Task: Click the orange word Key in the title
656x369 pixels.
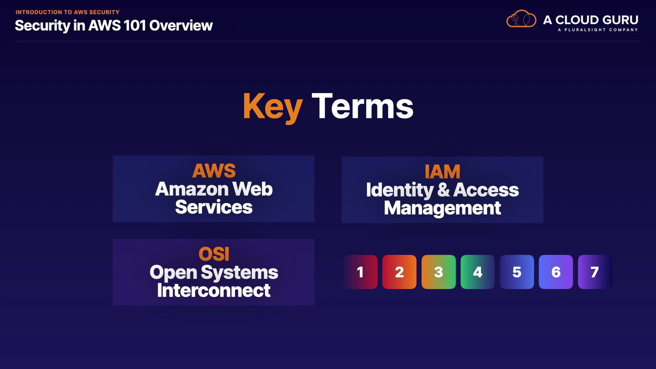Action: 273,107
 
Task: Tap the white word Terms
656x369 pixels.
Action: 363,107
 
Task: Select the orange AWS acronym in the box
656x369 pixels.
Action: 214,170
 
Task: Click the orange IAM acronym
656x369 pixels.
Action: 442,172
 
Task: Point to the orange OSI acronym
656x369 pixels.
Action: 214,254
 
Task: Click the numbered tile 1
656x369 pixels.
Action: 360,272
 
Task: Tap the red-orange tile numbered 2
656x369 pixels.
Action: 399,272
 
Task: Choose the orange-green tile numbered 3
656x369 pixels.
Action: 439,272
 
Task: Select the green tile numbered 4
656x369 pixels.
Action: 478,272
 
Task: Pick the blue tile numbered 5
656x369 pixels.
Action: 517,272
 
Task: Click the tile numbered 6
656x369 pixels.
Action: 556,272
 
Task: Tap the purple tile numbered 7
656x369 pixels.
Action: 595,272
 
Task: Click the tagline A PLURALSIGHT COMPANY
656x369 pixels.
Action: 598,30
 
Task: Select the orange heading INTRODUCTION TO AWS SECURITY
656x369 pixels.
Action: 68,12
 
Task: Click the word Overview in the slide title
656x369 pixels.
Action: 181,26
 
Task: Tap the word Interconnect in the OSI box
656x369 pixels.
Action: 214,290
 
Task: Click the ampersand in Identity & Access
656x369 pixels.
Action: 443,190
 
